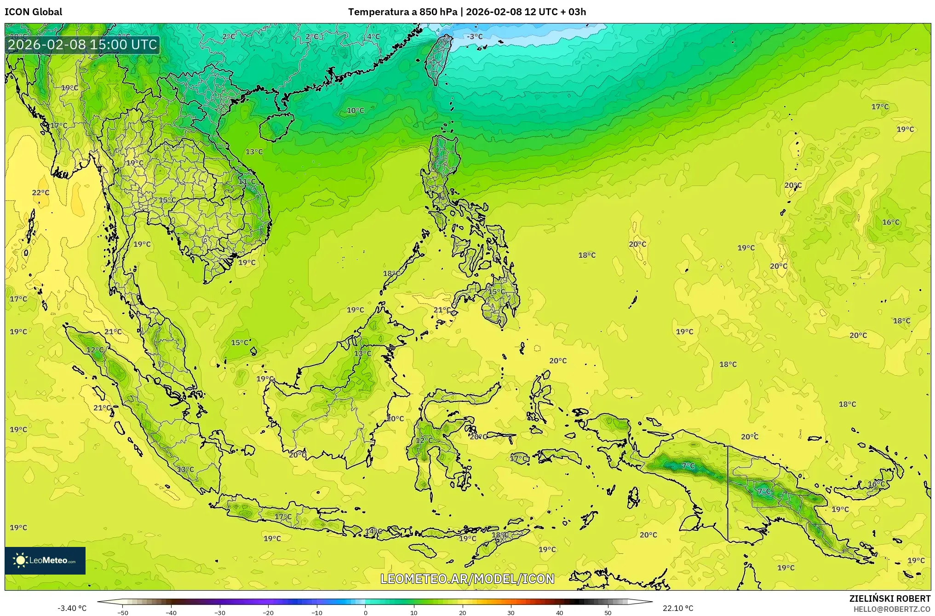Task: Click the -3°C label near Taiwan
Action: click(475, 36)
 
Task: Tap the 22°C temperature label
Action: click(40, 192)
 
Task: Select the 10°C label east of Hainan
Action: click(355, 110)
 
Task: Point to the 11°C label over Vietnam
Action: click(247, 181)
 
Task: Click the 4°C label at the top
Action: click(373, 37)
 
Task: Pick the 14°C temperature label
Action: click(373, 531)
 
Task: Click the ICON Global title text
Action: click(33, 12)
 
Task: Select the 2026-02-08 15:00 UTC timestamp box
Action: click(82, 45)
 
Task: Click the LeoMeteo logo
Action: click(45, 560)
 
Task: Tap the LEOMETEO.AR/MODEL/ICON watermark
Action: click(467, 579)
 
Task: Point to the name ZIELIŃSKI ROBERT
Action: click(889, 599)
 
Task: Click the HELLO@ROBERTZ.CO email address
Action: click(892, 609)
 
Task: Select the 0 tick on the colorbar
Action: click(366, 612)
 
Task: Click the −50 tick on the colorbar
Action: click(123, 612)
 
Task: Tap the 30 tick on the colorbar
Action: click(511, 612)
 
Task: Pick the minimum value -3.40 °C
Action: click(72, 608)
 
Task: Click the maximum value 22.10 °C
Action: click(678, 608)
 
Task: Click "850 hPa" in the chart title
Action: click(438, 12)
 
